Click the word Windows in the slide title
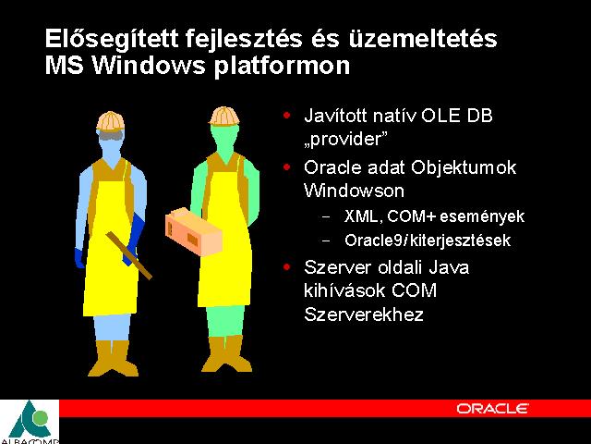click(150, 66)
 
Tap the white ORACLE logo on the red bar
click(492, 409)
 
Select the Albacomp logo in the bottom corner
click(30, 422)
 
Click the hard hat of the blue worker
click(111, 121)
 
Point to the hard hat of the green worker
click(224, 116)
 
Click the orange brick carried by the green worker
click(193, 231)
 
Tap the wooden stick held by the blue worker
click(129, 255)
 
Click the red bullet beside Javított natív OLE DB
click(287, 115)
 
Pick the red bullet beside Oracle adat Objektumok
click(287, 166)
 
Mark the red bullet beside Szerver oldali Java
click(287, 267)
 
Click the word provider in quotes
click(346, 140)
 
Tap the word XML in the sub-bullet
click(363, 216)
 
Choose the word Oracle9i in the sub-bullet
click(375, 240)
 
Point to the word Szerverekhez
click(364, 314)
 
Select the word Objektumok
click(464, 168)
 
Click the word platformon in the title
click(282, 67)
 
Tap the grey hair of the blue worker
click(110, 135)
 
